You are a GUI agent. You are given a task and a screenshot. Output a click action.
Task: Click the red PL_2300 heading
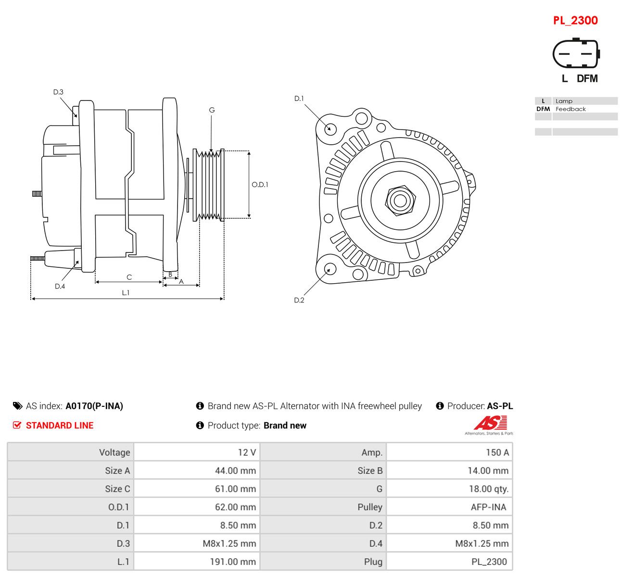coord(575,21)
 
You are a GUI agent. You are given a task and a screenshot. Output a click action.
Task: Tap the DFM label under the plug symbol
coord(587,78)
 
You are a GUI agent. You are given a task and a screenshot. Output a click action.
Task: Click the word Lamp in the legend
coord(564,101)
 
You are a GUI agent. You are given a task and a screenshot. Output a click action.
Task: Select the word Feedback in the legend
coord(570,109)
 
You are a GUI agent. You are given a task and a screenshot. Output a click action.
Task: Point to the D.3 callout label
coord(58,92)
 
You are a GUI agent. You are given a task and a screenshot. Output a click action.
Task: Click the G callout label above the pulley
coord(212,110)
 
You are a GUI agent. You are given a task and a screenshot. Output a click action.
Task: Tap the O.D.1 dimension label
coord(260,185)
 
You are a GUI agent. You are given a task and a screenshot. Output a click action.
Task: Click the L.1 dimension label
coord(126,293)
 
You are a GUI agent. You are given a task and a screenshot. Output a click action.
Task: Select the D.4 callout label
coord(60,286)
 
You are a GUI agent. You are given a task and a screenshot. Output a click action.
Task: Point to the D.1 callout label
coord(299,99)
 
